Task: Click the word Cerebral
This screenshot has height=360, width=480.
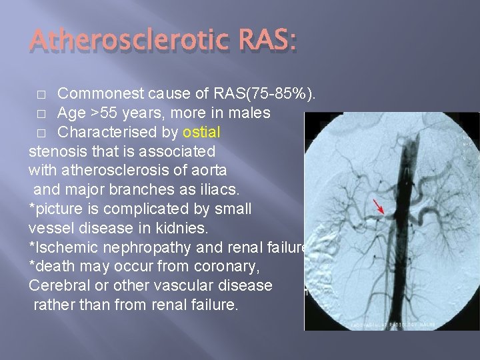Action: click(x=57, y=286)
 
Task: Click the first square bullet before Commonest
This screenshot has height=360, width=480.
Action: click(x=41, y=93)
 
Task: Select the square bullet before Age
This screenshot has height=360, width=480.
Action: click(x=41, y=113)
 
